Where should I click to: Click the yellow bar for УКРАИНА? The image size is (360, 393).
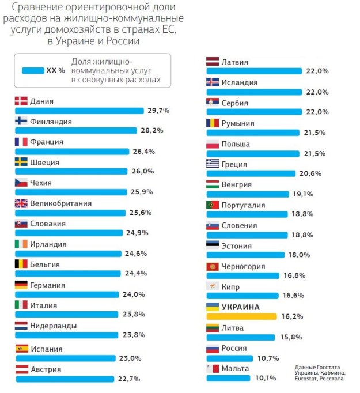[x=242, y=316]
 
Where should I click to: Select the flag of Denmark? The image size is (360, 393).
[x=21, y=101]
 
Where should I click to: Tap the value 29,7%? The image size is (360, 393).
[x=157, y=111]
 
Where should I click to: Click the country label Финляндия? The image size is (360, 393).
[x=51, y=122]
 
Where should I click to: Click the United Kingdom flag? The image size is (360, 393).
[x=21, y=203]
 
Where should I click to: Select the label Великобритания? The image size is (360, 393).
[x=61, y=203]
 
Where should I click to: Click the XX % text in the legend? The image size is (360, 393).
[x=56, y=71]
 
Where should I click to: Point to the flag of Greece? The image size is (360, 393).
[x=213, y=164]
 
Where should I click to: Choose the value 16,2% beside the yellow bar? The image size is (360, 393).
[x=292, y=316]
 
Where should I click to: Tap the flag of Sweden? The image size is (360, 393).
[x=21, y=162]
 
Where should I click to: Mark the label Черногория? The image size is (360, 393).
[x=243, y=266]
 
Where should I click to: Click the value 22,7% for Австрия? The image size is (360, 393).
[x=128, y=379]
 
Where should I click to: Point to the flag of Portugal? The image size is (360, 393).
[x=213, y=205]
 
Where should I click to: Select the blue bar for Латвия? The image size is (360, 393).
[x=253, y=71]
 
